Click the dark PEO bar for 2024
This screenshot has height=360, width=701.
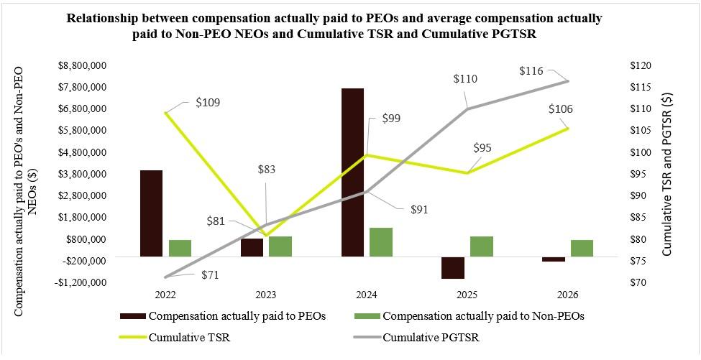pyautogui.click(x=352, y=172)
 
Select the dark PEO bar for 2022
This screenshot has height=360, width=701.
pyautogui.click(x=151, y=213)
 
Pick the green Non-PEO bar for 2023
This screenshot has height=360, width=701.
pyautogui.click(x=280, y=246)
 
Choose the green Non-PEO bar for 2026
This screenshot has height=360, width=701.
pyautogui.click(x=582, y=249)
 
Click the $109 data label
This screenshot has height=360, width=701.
pyautogui.click(x=208, y=102)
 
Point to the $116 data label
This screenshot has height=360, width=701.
pyautogui.click(x=531, y=70)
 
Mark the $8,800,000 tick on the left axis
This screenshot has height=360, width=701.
pyautogui.click(x=81, y=65)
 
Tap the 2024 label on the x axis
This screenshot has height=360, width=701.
pyautogui.click(x=366, y=295)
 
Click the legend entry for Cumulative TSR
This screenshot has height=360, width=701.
pyautogui.click(x=175, y=337)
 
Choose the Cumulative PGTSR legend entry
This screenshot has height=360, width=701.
pyautogui.click(x=417, y=337)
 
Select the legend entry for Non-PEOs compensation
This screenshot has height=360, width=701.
pyautogui.click(x=469, y=315)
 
